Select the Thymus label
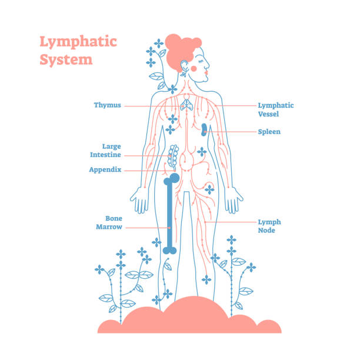coord(108,105)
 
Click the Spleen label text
coord(269,132)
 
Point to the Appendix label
coord(105,169)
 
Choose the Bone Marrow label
coord(109,223)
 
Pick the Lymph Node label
coord(269,226)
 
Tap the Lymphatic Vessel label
coord(276,109)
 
